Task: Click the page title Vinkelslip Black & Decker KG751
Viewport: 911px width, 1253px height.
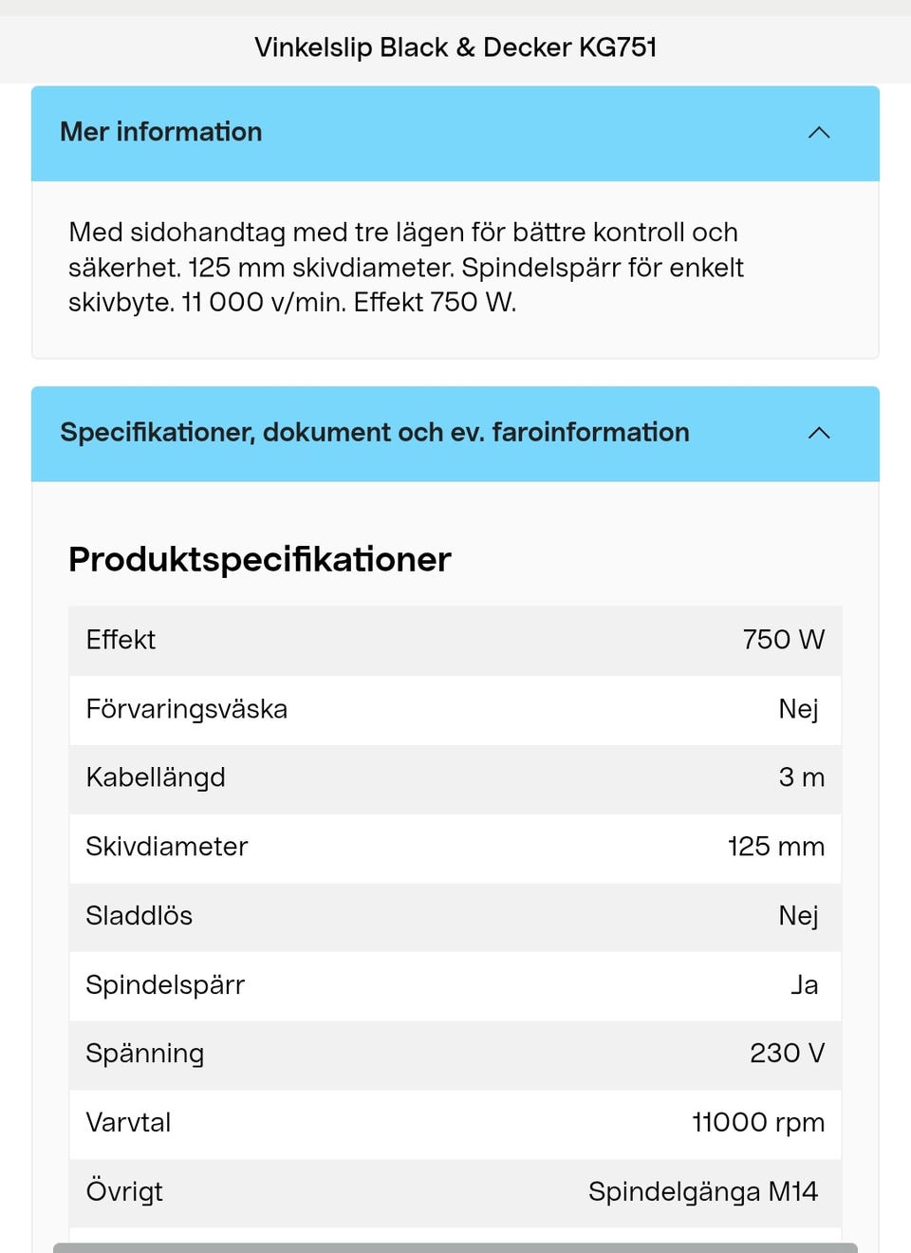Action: pos(455,47)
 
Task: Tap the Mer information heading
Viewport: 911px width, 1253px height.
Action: pos(161,132)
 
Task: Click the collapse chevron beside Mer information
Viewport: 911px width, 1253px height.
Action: pos(819,133)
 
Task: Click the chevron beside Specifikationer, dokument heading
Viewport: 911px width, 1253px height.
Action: pos(819,433)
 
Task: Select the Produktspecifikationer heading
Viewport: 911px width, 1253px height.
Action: pos(259,559)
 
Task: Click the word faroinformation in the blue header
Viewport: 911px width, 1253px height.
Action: pos(590,433)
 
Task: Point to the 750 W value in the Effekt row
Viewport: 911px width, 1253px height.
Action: pos(783,640)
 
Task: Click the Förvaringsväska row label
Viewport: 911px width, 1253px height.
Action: pos(186,709)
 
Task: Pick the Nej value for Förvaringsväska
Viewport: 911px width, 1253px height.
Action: pos(798,709)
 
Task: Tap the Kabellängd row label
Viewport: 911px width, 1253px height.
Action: pos(156,777)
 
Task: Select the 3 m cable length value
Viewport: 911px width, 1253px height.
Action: pos(801,777)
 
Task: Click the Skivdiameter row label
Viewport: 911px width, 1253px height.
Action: pos(166,847)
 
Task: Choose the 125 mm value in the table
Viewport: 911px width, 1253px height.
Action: pos(775,847)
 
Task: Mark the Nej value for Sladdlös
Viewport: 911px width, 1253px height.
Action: pos(798,916)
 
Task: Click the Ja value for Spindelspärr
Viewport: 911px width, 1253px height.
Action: pos(804,985)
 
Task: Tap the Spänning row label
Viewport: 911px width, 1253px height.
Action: pos(144,1054)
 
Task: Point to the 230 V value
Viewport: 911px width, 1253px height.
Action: pos(787,1054)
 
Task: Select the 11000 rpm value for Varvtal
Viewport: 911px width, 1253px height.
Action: pos(757,1123)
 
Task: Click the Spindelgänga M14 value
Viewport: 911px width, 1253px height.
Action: pos(702,1192)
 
